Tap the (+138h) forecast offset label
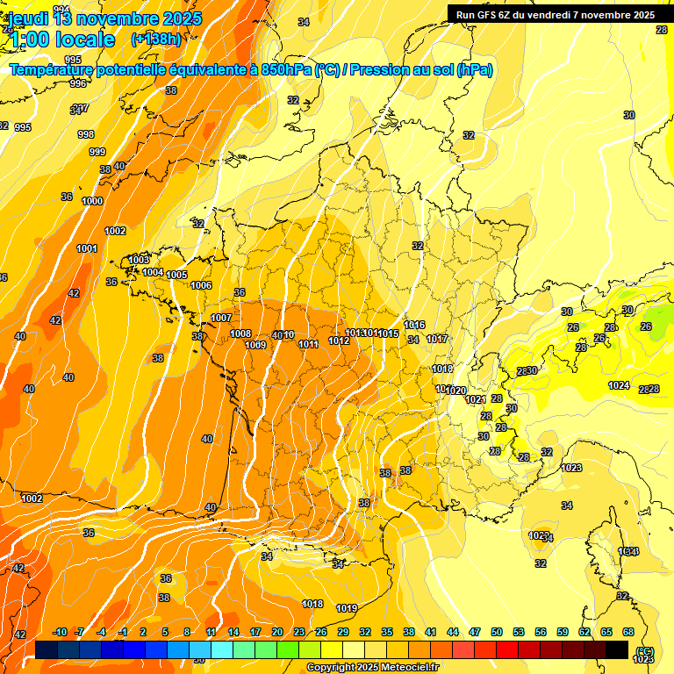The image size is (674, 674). tap(155, 39)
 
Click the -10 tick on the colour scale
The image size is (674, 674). tap(60, 632)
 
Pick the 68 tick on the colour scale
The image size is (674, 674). tap(628, 632)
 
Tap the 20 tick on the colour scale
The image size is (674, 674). tap(276, 632)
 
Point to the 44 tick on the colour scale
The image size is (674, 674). tap(452, 632)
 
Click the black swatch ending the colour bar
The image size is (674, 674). tap(617, 649)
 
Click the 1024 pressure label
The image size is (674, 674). tap(620, 385)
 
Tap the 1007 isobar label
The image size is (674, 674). tap(221, 318)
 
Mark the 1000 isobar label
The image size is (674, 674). tap(92, 201)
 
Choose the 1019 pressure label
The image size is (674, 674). tap(347, 608)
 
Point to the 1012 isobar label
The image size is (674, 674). tap(339, 341)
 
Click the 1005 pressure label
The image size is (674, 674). tap(177, 275)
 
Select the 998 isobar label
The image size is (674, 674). tap(86, 134)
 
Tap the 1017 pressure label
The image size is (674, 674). tap(437, 339)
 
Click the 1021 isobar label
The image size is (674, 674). tap(475, 399)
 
